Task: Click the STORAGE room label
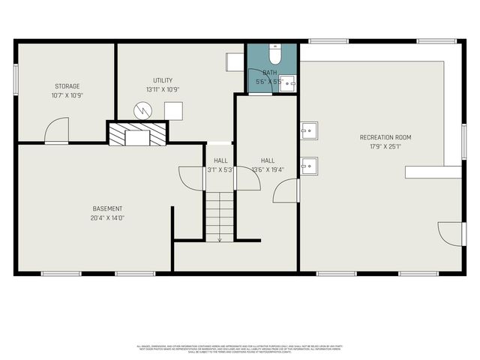[66, 86]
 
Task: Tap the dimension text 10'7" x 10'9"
[66, 95]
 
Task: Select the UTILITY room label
[163, 80]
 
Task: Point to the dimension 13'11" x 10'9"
[163, 89]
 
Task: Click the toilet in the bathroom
[275, 55]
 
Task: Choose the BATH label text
[269, 73]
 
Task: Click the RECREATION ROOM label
[385, 137]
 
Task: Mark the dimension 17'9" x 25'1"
[385, 146]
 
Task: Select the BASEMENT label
[108, 208]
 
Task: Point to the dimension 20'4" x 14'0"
[108, 217]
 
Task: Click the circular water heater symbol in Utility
[142, 110]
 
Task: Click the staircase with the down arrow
[219, 215]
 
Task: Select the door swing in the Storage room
[56, 131]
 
